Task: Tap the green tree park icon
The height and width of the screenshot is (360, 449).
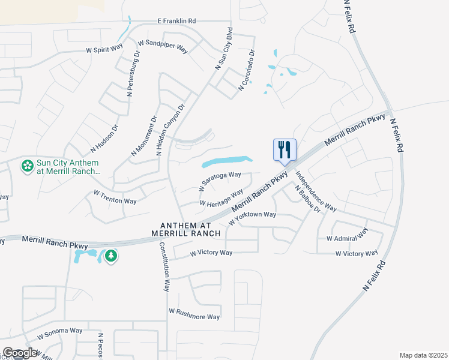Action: (x=110, y=256)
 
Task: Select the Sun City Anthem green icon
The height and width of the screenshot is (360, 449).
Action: (x=27, y=166)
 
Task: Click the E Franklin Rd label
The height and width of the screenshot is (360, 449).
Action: (x=176, y=21)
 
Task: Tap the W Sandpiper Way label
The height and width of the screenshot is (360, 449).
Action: (x=163, y=46)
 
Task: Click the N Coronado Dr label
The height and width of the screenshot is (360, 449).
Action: (x=247, y=70)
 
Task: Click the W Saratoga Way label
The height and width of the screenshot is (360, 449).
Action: (x=220, y=179)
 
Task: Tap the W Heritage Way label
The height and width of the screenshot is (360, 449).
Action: (x=221, y=199)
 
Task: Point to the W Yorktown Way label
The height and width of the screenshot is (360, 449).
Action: (x=252, y=218)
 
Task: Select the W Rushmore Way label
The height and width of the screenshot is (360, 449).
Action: (x=194, y=314)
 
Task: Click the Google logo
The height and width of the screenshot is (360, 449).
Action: (x=19, y=353)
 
